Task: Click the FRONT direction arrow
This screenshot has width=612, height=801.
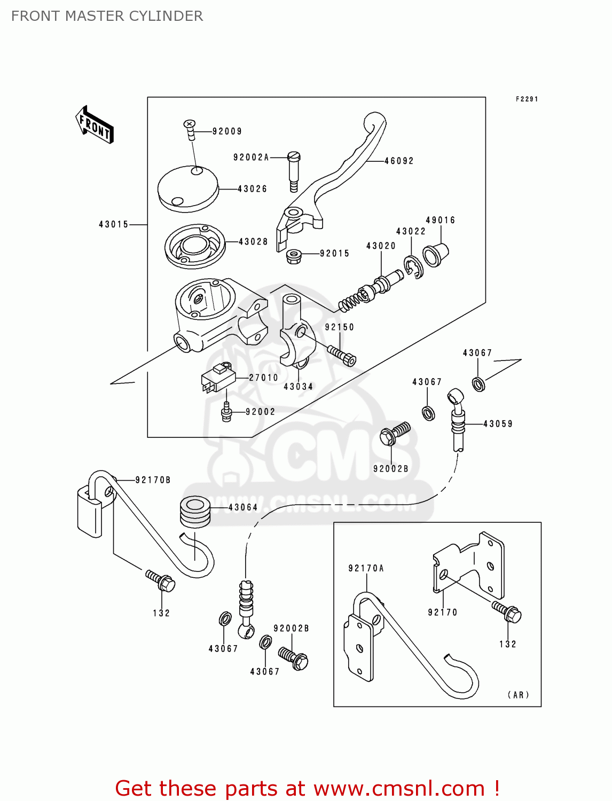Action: [x=95, y=125]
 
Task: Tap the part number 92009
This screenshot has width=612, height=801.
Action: [x=227, y=131]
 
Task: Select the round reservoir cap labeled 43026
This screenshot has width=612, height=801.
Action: [x=188, y=189]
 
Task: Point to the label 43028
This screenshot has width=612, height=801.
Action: [x=253, y=242]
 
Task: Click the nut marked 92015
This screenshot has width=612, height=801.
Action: [x=293, y=256]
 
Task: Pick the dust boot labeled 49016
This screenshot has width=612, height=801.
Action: [x=435, y=255]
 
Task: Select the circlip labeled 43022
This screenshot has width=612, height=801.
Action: [x=413, y=267]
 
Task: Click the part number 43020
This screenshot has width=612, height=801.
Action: [x=381, y=246]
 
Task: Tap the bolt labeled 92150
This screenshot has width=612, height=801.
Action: [x=342, y=355]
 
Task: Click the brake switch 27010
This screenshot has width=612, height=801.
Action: [x=218, y=377]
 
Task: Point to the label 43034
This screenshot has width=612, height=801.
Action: [x=298, y=387]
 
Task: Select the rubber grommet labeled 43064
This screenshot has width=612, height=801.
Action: [x=194, y=511]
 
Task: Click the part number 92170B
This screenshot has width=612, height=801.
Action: [x=153, y=480]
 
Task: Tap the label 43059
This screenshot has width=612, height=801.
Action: [x=498, y=424]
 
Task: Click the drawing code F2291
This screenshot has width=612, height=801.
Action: [x=527, y=99]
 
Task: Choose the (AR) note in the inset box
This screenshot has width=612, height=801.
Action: [x=518, y=695]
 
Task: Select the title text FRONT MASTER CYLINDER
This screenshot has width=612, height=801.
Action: [x=107, y=16]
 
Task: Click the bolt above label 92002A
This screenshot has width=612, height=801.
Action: [x=294, y=171]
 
